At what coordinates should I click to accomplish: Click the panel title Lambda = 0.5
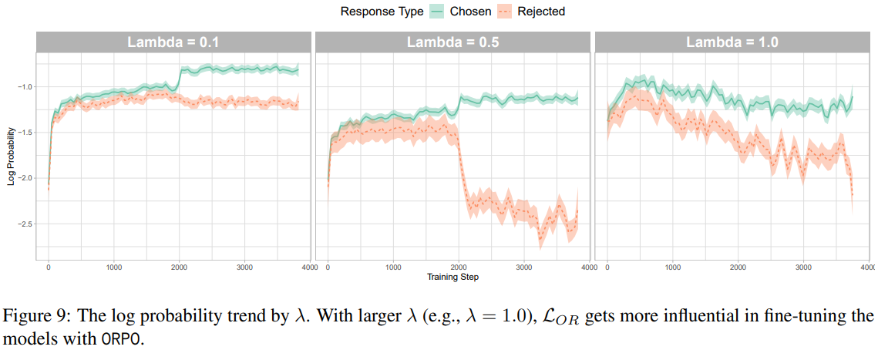pos(452,43)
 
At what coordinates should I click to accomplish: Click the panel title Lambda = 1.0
pos(732,43)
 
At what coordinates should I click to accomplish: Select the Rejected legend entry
pos(540,12)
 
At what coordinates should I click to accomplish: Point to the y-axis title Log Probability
pos(10,156)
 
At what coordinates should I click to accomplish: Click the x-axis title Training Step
pos(452,276)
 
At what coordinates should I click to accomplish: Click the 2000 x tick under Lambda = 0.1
pos(179,267)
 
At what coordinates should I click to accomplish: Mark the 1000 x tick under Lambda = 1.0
pos(672,267)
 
